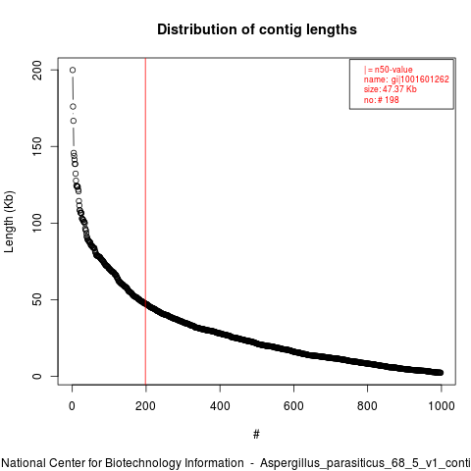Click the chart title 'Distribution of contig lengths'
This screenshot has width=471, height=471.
[257, 29]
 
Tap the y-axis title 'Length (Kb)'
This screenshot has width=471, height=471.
[9, 222]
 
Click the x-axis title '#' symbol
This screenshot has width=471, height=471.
[256, 435]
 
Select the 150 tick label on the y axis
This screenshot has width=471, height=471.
[37, 146]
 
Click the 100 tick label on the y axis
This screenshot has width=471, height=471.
[37, 223]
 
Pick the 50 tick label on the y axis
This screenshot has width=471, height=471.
[37, 299]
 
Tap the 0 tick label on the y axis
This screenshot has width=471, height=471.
[37, 376]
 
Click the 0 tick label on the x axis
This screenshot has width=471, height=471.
[72, 406]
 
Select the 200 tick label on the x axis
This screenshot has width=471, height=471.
[145, 406]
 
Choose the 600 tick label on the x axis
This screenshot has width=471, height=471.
[293, 406]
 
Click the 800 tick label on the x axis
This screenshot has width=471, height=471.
[367, 406]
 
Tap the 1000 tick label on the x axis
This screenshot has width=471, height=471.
[442, 406]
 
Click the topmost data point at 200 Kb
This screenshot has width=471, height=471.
[73, 70]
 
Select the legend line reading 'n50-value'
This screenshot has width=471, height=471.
[388, 70]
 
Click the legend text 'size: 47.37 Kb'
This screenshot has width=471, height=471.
[391, 89]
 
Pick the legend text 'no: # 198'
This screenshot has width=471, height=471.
[382, 100]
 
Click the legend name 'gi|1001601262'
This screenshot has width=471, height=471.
[420, 79]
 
